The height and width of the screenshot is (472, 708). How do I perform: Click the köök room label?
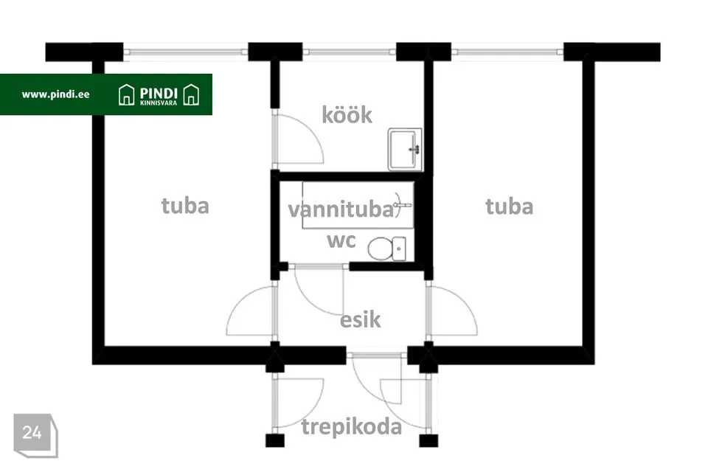pos(347,115)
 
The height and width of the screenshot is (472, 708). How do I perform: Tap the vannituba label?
pos(341,209)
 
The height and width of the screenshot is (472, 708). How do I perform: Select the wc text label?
pos(341,240)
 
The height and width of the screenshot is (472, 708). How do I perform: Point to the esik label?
pos(360,319)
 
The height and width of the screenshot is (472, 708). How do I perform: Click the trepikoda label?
pos(351,427)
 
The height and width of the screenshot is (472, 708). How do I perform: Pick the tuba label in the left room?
pos(185,206)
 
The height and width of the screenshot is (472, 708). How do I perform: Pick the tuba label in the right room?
pos(510,206)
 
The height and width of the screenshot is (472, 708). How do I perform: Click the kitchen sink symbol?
pos(405,150)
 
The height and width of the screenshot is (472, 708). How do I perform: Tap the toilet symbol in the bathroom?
pos(387,249)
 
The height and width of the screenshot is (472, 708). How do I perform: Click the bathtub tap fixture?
pos(402,205)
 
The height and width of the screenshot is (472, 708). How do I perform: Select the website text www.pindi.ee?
pos(55,94)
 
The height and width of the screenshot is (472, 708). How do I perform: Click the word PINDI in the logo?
pos(159,94)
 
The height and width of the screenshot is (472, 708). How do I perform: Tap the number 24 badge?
pos(32,432)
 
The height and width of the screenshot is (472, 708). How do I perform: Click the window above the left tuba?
pos(186,52)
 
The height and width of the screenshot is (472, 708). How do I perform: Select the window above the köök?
pos(350,52)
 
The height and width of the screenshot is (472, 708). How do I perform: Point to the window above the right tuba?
pos(507,52)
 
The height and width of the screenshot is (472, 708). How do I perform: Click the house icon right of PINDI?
pos(191,95)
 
